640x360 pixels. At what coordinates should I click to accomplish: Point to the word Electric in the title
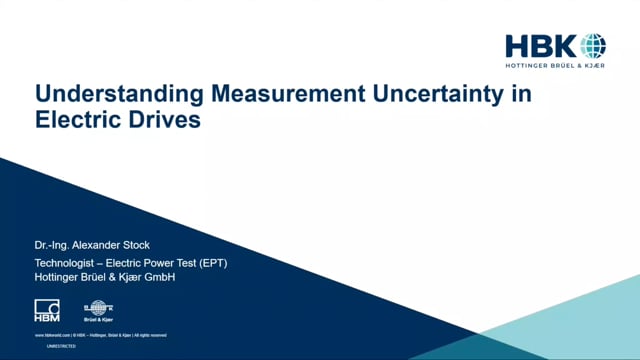coord(74,122)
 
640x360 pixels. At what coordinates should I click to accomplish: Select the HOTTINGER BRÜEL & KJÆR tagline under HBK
coord(556,67)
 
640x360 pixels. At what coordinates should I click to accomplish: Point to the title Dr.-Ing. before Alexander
coord(58,243)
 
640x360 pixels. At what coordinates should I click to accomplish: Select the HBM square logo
coord(47,309)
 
